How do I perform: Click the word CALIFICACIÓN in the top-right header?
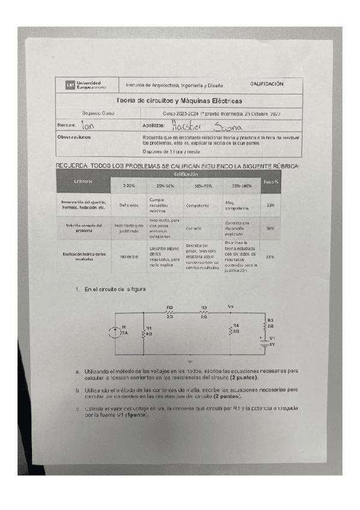pyautogui.click(x=266, y=84)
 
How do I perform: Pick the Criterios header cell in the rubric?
pyautogui.click(x=84, y=181)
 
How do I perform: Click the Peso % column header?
pyautogui.click(x=270, y=181)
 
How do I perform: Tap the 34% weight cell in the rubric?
pyautogui.click(x=270, y=229)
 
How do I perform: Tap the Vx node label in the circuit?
pyautogui.click(x=231, y=306)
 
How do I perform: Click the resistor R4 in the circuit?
pyautogui.click(x=231, y=328)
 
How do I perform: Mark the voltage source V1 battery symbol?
pyautogui.click(x=263, y=342)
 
